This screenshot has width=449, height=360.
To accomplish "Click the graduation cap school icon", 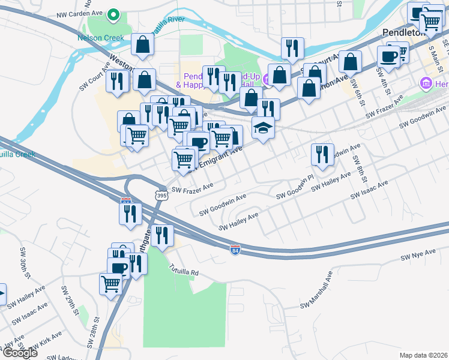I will (x=263, y=128).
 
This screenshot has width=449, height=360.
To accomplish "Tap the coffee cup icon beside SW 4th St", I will (x=388, y=56).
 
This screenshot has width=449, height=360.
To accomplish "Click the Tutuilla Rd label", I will (x=183, y=269).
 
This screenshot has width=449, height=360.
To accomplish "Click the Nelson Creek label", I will (x=100, y=38).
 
